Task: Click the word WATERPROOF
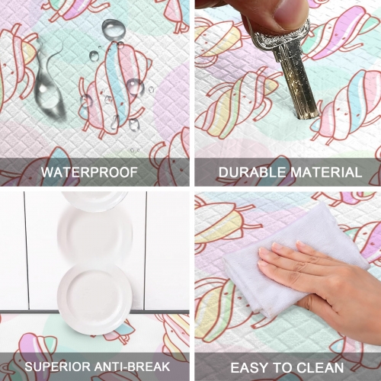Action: [x=89, y=172]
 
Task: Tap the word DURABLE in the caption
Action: [x=252, y=172]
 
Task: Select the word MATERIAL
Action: [x=326, y=172]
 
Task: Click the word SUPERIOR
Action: [x=57, y=367]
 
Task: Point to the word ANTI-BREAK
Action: [x=132, y=367]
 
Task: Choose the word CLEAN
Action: [x=320, y=367]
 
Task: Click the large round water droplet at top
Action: [x=114, y=30]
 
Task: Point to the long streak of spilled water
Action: [x=47, y=82]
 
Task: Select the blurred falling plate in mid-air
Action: [x=95, y=235]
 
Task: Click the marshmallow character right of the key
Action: [x=348, y=104]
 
